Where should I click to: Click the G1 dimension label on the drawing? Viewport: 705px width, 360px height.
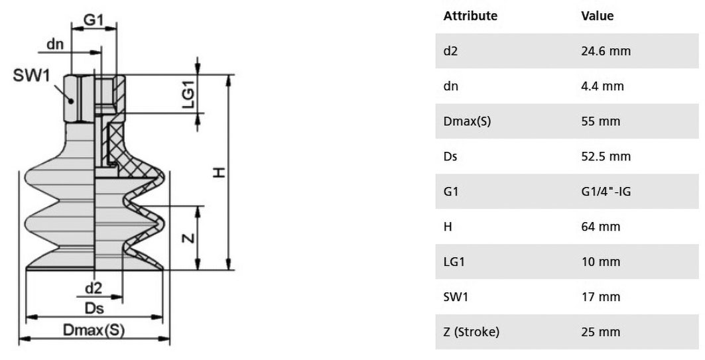click(x=94, y=20)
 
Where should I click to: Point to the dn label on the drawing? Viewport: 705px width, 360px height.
click(x=55, y=44)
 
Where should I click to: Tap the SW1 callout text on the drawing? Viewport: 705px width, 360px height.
click(x=31, y=76)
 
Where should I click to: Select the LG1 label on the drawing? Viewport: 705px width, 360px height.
click(x=189, y=94)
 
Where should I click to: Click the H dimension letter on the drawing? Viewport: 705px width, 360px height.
click(x=219, y=172)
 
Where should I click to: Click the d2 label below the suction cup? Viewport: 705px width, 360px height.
click(x=94, y=288)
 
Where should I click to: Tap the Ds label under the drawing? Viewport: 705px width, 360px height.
click(x=94, y=308)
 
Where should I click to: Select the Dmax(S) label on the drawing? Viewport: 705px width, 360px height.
click(x=94, y=330)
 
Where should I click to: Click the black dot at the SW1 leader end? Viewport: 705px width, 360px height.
click(x=71, y=101)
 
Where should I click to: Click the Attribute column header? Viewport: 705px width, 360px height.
click(x=470, y=16)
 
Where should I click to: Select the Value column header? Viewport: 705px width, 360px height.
click(x=597, y=16)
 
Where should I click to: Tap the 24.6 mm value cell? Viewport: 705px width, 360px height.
click(x=606, y=51)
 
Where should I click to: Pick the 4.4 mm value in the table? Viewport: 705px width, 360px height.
click(x=602, y=86)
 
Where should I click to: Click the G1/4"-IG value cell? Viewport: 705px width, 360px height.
click(x=606, y=192)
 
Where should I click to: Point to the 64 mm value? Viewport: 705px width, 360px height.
click(x=601, y=227)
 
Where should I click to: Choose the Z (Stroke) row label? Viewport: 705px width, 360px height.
click(x=471, y=332)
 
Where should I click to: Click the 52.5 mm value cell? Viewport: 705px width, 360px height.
click(x=606, y=156)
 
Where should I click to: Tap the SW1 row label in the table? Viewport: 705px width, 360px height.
click(x=456, y=297)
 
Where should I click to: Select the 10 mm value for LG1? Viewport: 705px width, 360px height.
click(x=601, y=262)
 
